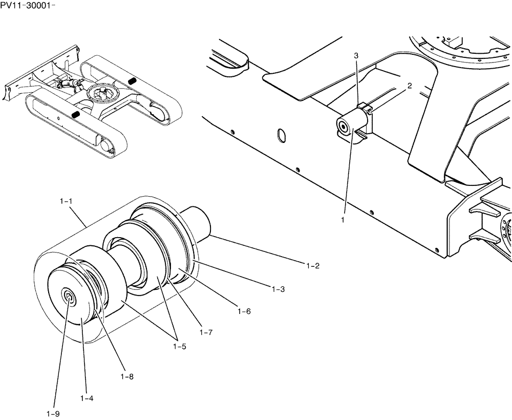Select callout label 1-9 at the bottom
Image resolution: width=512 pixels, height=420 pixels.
click(53, 413)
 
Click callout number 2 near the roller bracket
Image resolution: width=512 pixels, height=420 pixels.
click(410, 87)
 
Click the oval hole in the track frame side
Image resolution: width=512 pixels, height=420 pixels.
click(280, 135)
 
